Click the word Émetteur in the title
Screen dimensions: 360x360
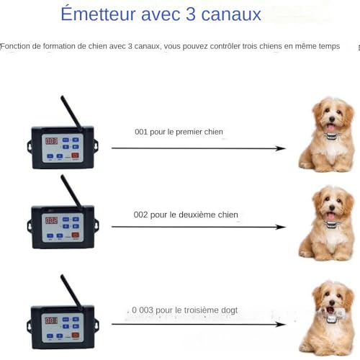(x=107, y=14)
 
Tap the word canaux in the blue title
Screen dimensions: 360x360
(x=231, y=14)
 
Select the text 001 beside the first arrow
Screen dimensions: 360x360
(x=142, y=132)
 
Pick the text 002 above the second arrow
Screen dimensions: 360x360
(x=142, y=215)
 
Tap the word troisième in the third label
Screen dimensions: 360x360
(x=194, y=310)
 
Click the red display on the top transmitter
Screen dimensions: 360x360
(x=52, y=140)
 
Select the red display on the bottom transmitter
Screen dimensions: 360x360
(x=52, y=320)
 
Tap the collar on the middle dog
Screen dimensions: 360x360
(x=330, y=223)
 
